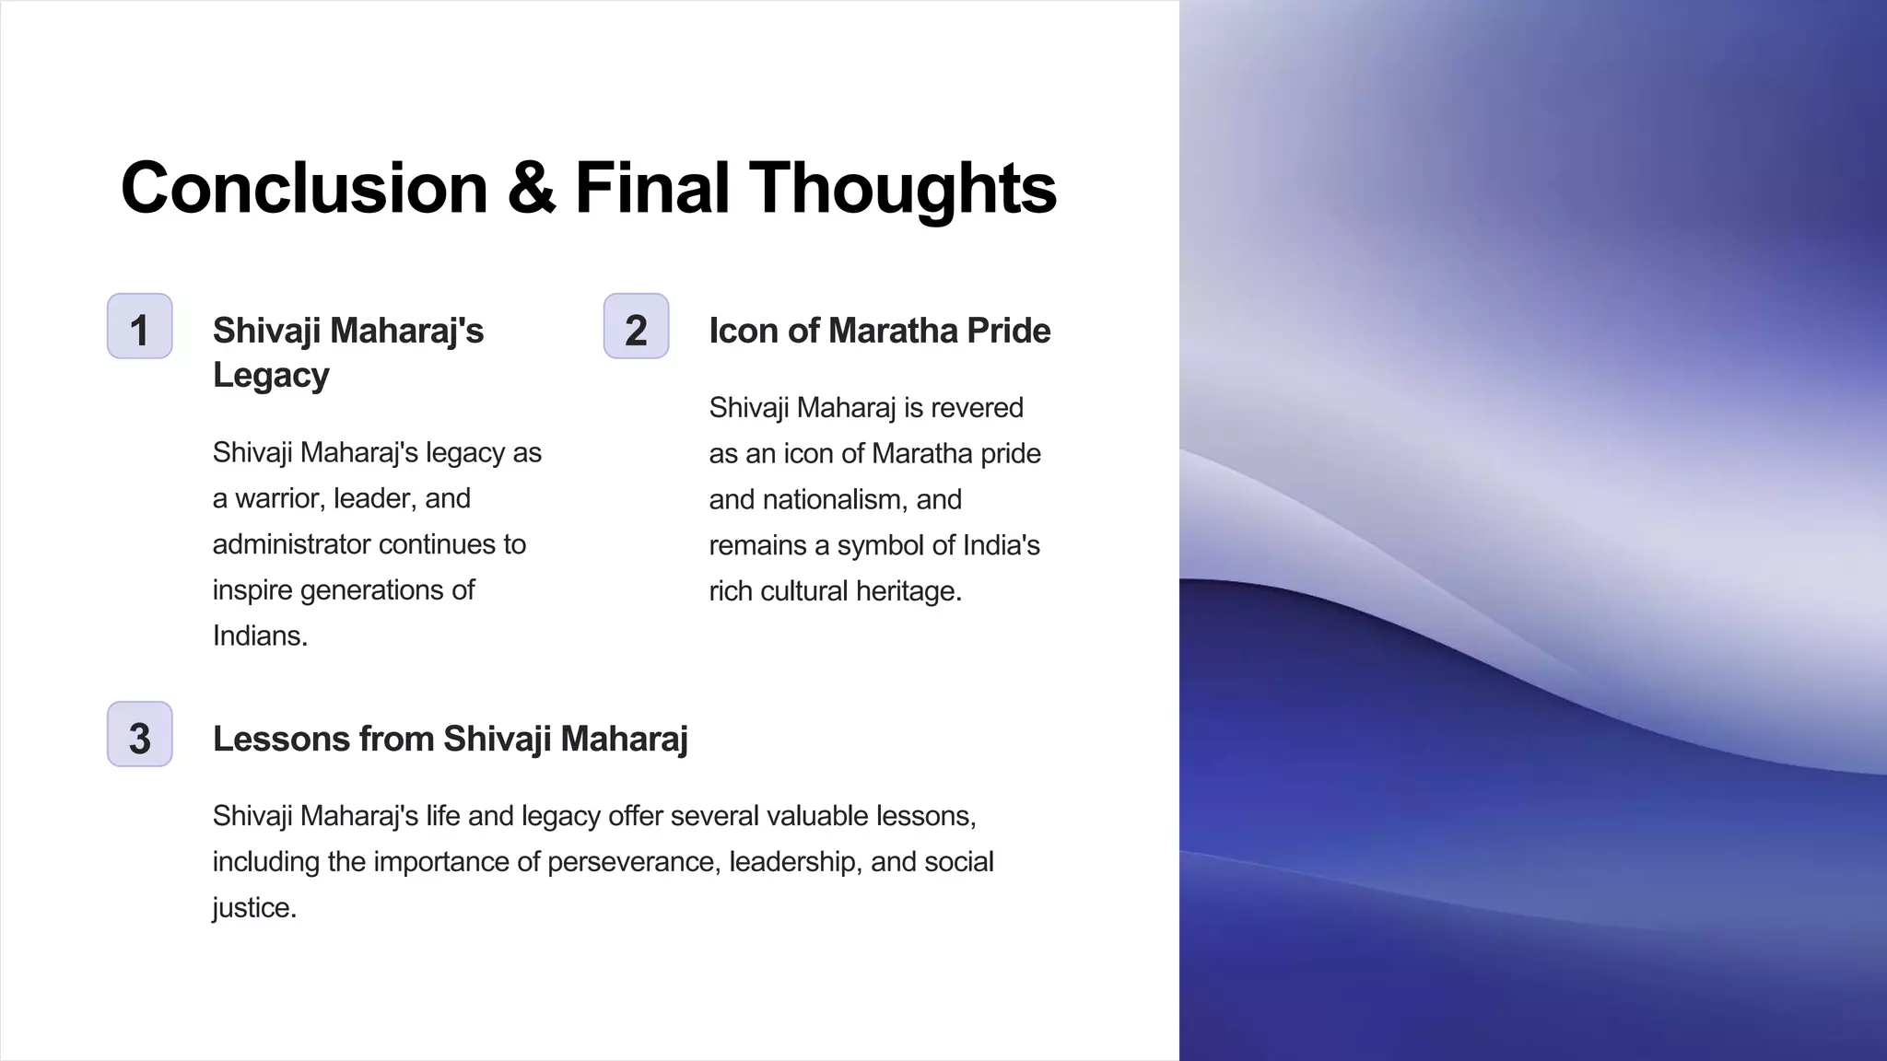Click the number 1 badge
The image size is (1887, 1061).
[139, 327]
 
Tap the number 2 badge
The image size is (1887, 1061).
[636, 327]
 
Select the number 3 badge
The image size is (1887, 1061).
[139, 735]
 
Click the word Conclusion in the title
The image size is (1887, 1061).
[304, 188]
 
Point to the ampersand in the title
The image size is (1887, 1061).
[531, 188]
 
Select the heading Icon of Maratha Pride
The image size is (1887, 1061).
[879, 331]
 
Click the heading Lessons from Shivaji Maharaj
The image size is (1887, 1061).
[450, 739]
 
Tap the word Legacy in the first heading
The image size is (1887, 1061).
[271, 375]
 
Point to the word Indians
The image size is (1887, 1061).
[259, 635]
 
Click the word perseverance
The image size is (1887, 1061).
[633, 862]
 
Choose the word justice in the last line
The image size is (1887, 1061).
[253, 907]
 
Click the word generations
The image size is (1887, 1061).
[373, 589]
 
